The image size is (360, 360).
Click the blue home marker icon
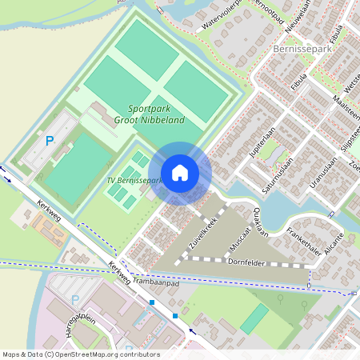tap(180, 173)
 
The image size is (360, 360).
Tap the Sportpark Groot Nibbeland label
tap(156, 114)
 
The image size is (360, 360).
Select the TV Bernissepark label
tap(134, 181)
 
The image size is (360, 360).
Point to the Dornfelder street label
tap(246, 262)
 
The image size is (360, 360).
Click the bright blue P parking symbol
tap(49, 141)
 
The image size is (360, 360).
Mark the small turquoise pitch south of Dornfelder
tap(255, 318)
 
